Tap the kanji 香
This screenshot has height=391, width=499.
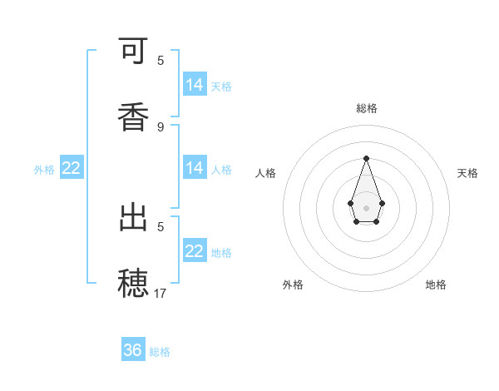pos(134,116)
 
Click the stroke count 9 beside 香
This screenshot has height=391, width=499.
pos(161,126)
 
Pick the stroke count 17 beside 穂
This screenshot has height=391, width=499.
pos(161,293)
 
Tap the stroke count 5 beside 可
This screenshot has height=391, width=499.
pos(161,61)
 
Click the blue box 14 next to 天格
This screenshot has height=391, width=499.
pos(195,85)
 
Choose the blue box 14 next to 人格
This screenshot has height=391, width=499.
pos(195,168)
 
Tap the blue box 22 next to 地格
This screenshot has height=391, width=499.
pos(195,251)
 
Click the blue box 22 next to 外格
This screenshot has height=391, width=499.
pos(72,168)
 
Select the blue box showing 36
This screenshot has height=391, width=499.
pos(133,350)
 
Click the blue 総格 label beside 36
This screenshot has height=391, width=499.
pos(160,352)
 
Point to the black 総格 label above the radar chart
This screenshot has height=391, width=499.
pos(367,108)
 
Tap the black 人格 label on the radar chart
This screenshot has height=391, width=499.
pos(266,173)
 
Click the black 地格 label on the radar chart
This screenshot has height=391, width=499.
pos(436,285)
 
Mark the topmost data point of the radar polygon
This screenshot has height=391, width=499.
pos(366,158)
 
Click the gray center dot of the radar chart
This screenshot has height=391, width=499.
pos(366,206)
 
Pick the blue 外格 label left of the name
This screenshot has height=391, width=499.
pos(44,169)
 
